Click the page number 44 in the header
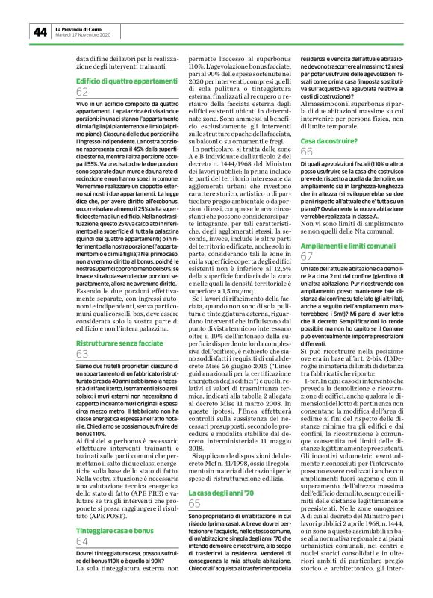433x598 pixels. click(x=40, y=31)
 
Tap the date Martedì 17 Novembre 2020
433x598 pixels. click(x=84, y=35)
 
